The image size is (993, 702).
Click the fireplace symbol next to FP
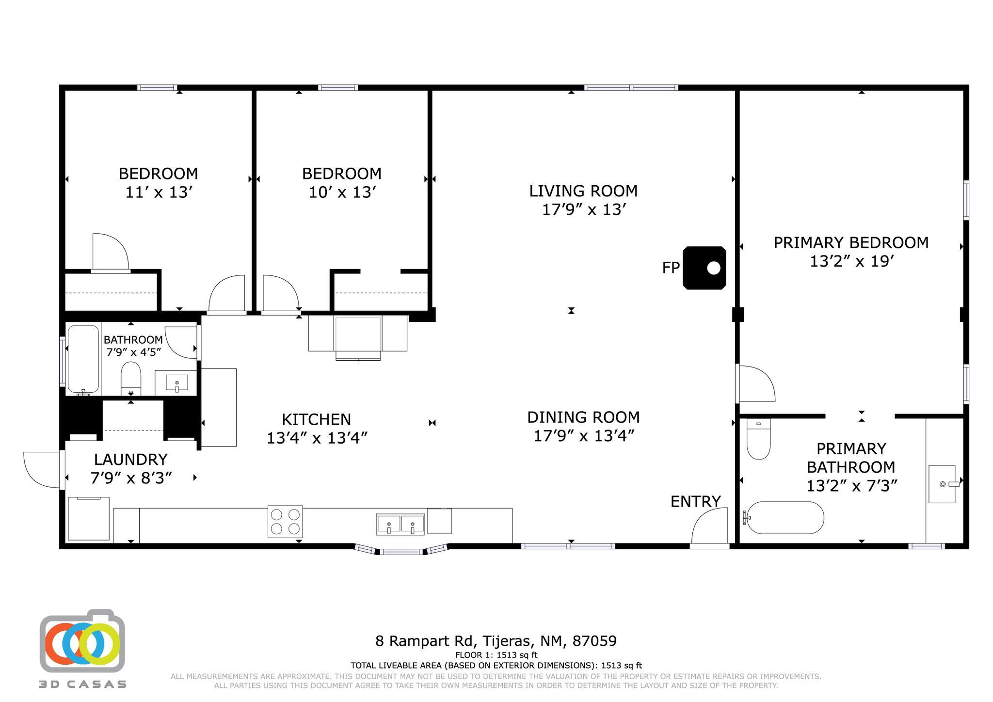[704, 268]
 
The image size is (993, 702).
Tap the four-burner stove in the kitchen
[285, 522]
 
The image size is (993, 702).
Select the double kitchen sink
[400, 524]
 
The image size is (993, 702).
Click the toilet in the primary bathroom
[758, 439]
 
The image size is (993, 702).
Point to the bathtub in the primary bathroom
[785, 518]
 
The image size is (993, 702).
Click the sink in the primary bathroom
[942, 484]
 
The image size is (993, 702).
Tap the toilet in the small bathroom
[130, 379]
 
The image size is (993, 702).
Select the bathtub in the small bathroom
[83, 359]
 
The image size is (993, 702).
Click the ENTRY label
[695, 502]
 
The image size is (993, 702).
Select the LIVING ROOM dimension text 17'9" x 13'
[584, 210]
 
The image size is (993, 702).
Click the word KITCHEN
[316, 419]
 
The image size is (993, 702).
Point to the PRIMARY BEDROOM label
[850, 242]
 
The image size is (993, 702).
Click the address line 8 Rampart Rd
[496, 641]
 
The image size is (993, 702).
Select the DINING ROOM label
[583, 417]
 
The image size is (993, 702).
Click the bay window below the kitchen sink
[400, 551]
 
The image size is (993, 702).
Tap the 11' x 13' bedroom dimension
[159, 192]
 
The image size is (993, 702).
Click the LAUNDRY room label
[131, 459]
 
